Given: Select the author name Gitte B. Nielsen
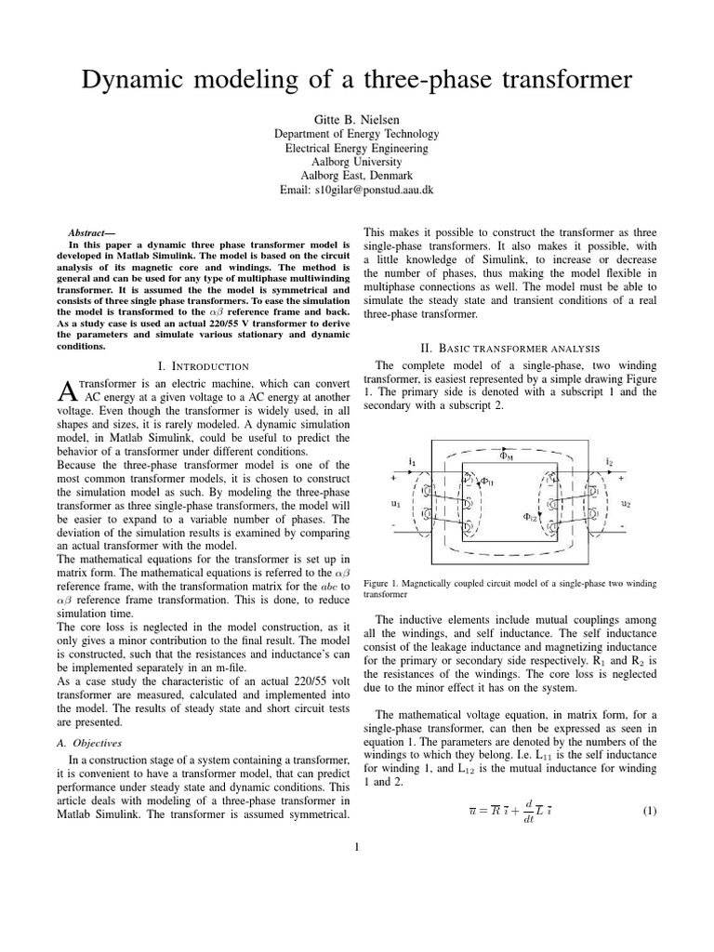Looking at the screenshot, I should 356,119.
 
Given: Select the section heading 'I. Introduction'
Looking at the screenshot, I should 203,367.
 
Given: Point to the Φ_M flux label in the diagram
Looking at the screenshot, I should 507,456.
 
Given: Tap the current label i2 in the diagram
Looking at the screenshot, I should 609,460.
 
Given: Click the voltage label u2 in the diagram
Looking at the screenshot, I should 627,504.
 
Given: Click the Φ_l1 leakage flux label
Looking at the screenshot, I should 488,482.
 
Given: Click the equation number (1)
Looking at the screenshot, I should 650,811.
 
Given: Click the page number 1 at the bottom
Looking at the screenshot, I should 356,846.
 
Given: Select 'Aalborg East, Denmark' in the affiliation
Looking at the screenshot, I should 356,176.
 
